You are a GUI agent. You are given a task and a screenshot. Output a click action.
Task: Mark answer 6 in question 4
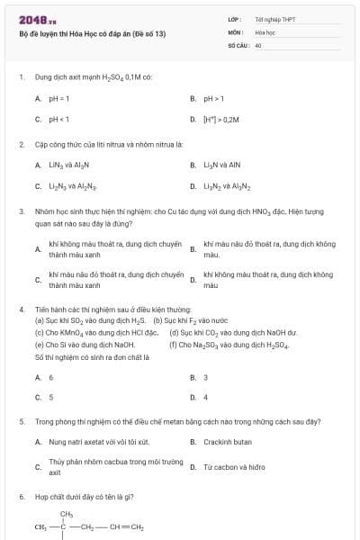point(50,377)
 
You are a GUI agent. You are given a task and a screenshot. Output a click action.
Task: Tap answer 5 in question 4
point(50,397)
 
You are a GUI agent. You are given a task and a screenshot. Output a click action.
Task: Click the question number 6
point(21,496)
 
